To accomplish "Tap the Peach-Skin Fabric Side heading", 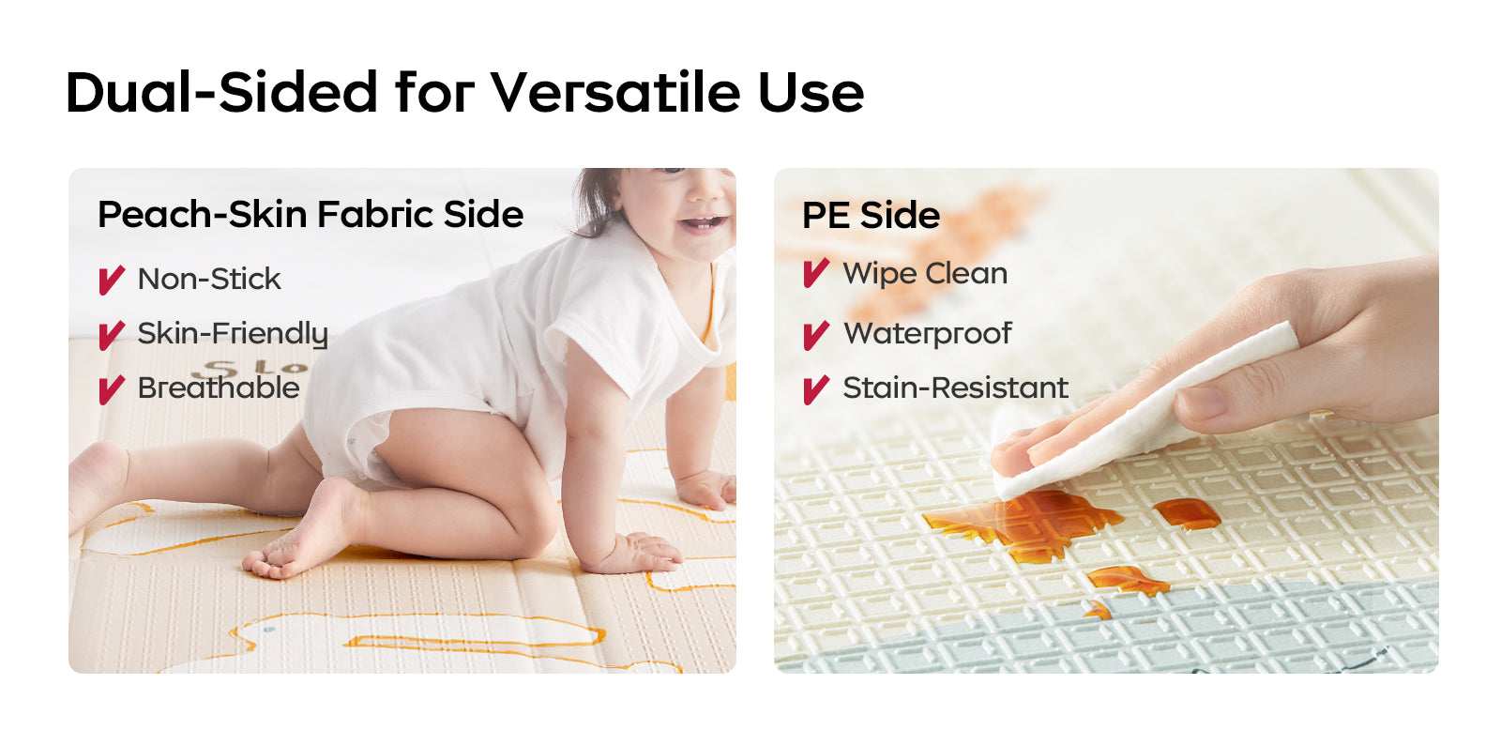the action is tap(311, 214).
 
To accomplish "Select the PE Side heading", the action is tap(872, 215).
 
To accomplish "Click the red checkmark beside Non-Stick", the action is tap(112, 280).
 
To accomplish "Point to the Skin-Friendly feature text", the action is tap(233, 334).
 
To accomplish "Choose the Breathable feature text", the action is tap(219, 388).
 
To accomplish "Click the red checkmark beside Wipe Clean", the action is tap(816, 273).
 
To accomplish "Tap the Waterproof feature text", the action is tap(928, 334).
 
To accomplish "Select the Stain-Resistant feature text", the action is tap(956, 388).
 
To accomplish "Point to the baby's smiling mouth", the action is tap(702, 223).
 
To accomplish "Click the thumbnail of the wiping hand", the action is tap(1202, 402).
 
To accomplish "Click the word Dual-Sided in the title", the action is tap(221, 92).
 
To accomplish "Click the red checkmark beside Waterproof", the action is tap(816, 335).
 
